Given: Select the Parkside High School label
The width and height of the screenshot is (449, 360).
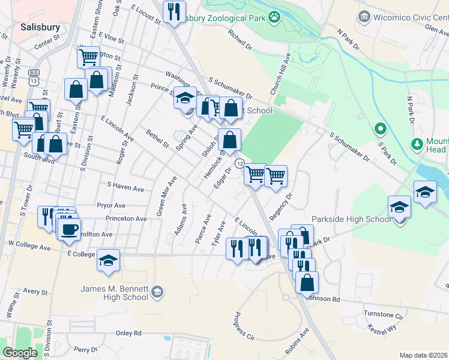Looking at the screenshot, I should click(351, 219).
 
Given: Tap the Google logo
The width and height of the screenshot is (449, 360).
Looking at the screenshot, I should click(20, 353).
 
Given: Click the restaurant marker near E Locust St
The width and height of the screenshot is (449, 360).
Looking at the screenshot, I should click(174, 11).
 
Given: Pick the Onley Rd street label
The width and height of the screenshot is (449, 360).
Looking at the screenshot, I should click(128, 333).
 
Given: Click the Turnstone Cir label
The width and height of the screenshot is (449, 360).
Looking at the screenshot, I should click(383, 314).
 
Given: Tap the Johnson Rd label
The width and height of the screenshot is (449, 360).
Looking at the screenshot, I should click(322, 298).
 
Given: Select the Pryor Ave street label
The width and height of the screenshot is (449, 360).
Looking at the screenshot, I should click(110, 205).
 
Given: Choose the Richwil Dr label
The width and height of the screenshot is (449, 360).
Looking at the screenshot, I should click(240, 40).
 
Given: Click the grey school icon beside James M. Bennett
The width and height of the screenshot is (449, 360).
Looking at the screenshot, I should click(157, 292).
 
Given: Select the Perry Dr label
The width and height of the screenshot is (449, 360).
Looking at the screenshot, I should click(86, 349).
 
